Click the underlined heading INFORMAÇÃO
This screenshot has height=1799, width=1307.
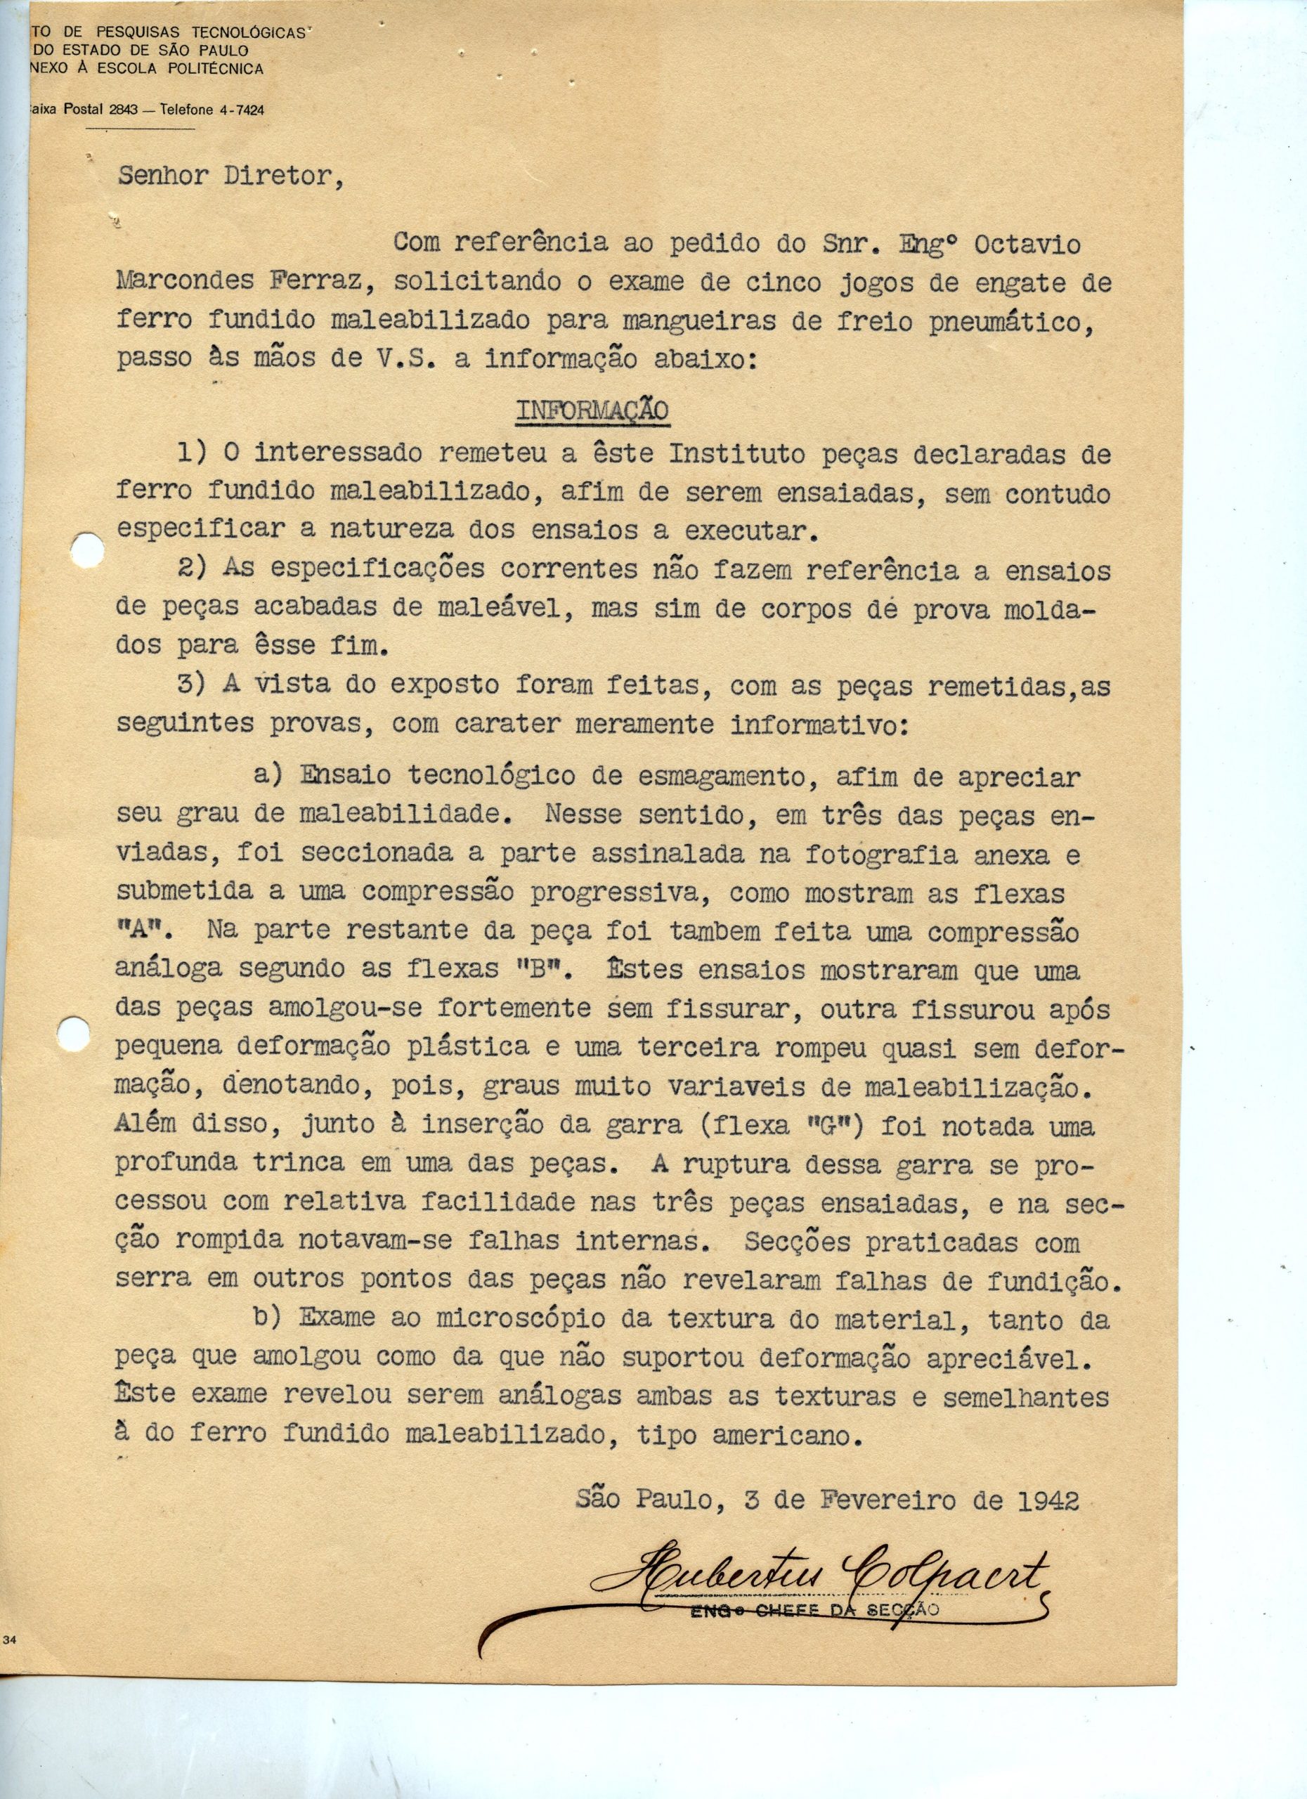(x=592, y=411)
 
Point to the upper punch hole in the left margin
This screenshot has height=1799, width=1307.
(x=85, y=549)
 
